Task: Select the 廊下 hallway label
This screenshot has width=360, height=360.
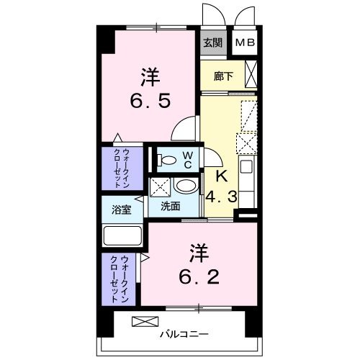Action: (222, 76)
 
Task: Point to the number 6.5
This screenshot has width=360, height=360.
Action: (150, 100)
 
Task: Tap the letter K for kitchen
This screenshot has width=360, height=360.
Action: (222, 176)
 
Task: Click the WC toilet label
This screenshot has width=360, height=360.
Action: (186, 159)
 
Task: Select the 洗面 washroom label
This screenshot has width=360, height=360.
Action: (171, 206)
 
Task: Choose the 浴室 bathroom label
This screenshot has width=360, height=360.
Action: (122, 210)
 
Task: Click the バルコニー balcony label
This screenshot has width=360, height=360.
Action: (184, 334)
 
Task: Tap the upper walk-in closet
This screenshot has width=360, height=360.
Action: (124, 168)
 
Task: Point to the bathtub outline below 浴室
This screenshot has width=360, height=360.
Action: (124, 235)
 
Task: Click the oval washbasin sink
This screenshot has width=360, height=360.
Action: (186, 186)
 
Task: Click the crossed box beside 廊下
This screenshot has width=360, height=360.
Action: (251, 74)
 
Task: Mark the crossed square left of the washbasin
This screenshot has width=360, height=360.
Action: (160, 186)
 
